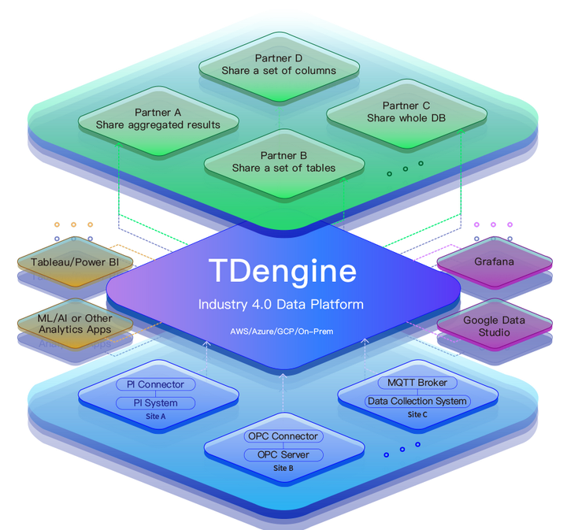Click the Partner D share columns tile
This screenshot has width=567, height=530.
[x=279, y=65]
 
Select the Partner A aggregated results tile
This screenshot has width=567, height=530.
[x=158, y=119]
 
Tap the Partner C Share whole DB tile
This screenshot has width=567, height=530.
[x=406, y=112]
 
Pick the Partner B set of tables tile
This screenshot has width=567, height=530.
[x=283, y=161]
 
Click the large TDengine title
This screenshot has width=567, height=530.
[x=283, y=271]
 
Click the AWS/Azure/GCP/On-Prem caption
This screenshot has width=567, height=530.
[x=282, y=331]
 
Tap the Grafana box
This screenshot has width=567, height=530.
[x=494, y=261]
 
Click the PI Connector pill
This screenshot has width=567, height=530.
[x=156, y=384]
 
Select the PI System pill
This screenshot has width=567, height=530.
[x=156, y=403]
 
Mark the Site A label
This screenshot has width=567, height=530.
[x=156, y=417]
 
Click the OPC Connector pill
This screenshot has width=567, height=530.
[x=283, y=436]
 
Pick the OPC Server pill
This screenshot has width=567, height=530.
[x=283, y=454]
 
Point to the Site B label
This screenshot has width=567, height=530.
[x=283, y=468]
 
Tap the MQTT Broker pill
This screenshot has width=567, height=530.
[x=417, y=383]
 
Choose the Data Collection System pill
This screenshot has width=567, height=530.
[x=417, y=401]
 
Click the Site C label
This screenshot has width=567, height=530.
[x=418, y=414]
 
